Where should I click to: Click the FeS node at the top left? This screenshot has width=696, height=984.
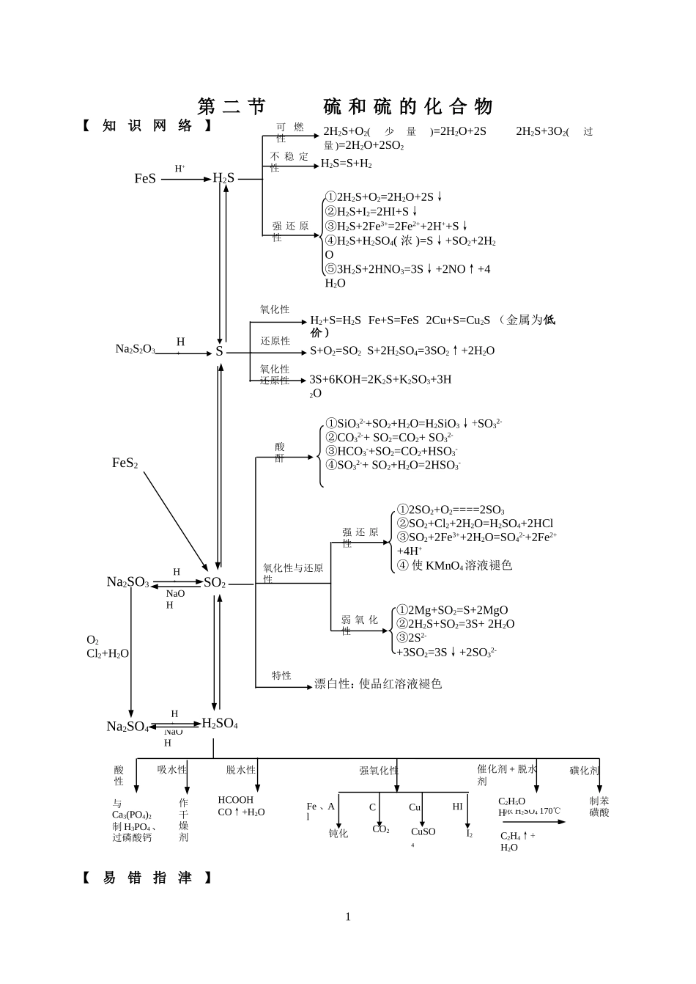point(145,178)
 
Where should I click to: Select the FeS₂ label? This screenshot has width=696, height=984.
point(125,463)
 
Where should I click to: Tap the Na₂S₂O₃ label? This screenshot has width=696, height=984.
point(135,350)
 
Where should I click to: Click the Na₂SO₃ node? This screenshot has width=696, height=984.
point(127,582)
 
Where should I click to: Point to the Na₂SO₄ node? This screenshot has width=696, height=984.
point(127,727)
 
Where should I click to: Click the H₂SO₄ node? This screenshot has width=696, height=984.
point(220,724)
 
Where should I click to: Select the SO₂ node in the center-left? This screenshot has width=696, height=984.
point(215,583)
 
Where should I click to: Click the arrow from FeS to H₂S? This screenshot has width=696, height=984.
point(185,178)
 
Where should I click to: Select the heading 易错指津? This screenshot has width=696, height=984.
point(147,878)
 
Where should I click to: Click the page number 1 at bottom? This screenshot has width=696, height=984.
point(348,917)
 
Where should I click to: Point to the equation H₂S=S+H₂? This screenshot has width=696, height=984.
point(347,164)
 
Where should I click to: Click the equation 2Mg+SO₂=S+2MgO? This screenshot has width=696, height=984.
point(452,610)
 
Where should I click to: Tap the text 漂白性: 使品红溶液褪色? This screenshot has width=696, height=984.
point(378,684)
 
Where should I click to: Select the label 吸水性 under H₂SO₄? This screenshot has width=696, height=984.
point(172,770)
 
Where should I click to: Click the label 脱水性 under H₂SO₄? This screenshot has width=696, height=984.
point(240,770)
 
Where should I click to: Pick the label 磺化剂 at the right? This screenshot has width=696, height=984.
point(584,771)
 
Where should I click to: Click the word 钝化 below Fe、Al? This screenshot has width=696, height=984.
point(338,834)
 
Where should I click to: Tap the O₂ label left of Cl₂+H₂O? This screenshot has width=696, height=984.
point(92,640)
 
